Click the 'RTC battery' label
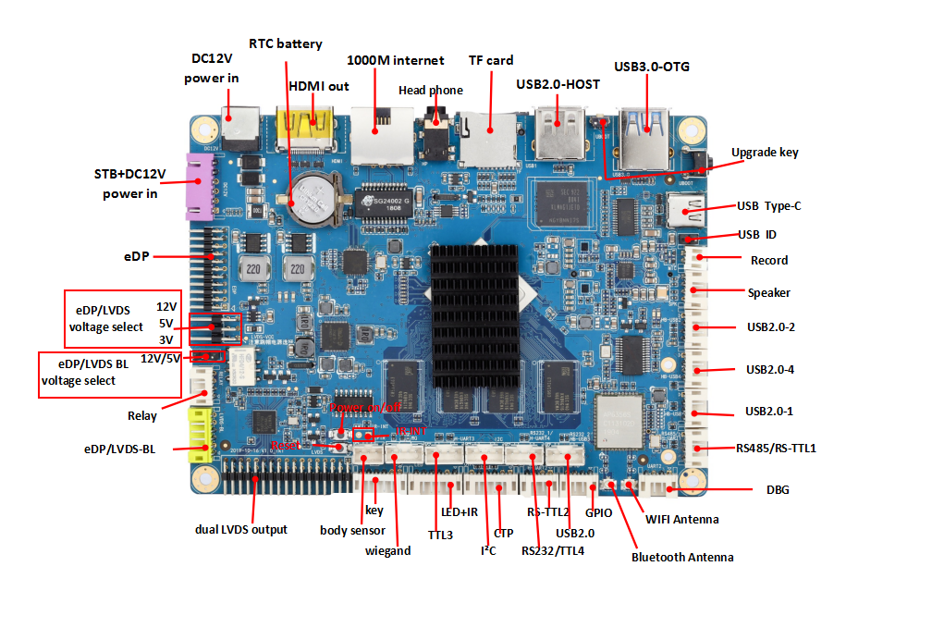286,43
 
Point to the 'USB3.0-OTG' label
652,67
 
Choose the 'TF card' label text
491,60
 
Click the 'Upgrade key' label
765,152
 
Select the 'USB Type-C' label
768,205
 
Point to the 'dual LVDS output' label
240,529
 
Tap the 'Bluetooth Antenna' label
682,557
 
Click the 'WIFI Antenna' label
682,519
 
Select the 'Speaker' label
769,292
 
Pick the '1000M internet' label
395,60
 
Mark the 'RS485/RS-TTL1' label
776,448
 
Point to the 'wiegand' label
387,550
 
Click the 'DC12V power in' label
211,68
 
